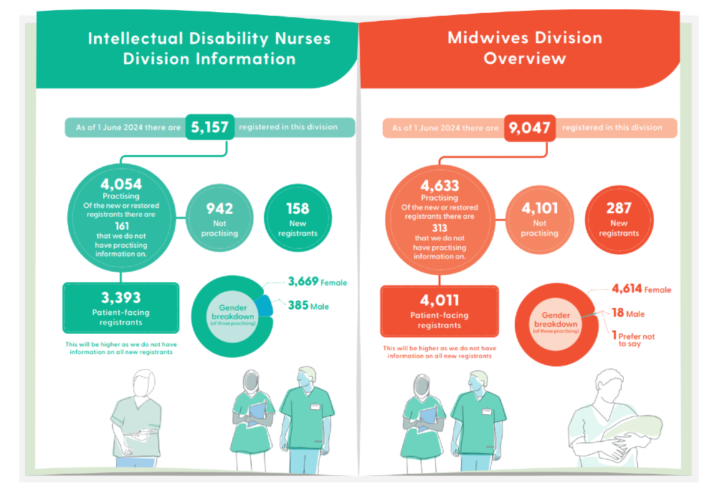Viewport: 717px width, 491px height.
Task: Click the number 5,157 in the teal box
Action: click(x=209, y=128)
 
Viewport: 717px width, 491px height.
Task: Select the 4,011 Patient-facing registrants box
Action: click(x=439, y=310)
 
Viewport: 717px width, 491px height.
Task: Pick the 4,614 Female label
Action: click(x=641, y=289)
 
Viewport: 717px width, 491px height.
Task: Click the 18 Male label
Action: click(x=628, y=314)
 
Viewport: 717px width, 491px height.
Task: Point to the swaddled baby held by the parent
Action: click(x=631, y=428)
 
